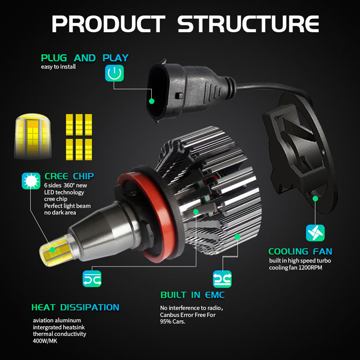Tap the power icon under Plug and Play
tap(114, 73)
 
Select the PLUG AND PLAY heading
tap(84, 58)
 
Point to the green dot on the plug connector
tap(152, 101)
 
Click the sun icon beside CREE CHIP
tap(31, 181)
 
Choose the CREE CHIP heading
tap(69, 176)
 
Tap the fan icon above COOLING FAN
tap(315, 232)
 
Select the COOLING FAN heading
tap(300, 252)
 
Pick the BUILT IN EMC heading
tap(192, 295)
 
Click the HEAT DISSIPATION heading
tap(75, 307)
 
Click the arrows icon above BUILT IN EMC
tap(222, 279)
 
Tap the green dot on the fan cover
tap(315, 197)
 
